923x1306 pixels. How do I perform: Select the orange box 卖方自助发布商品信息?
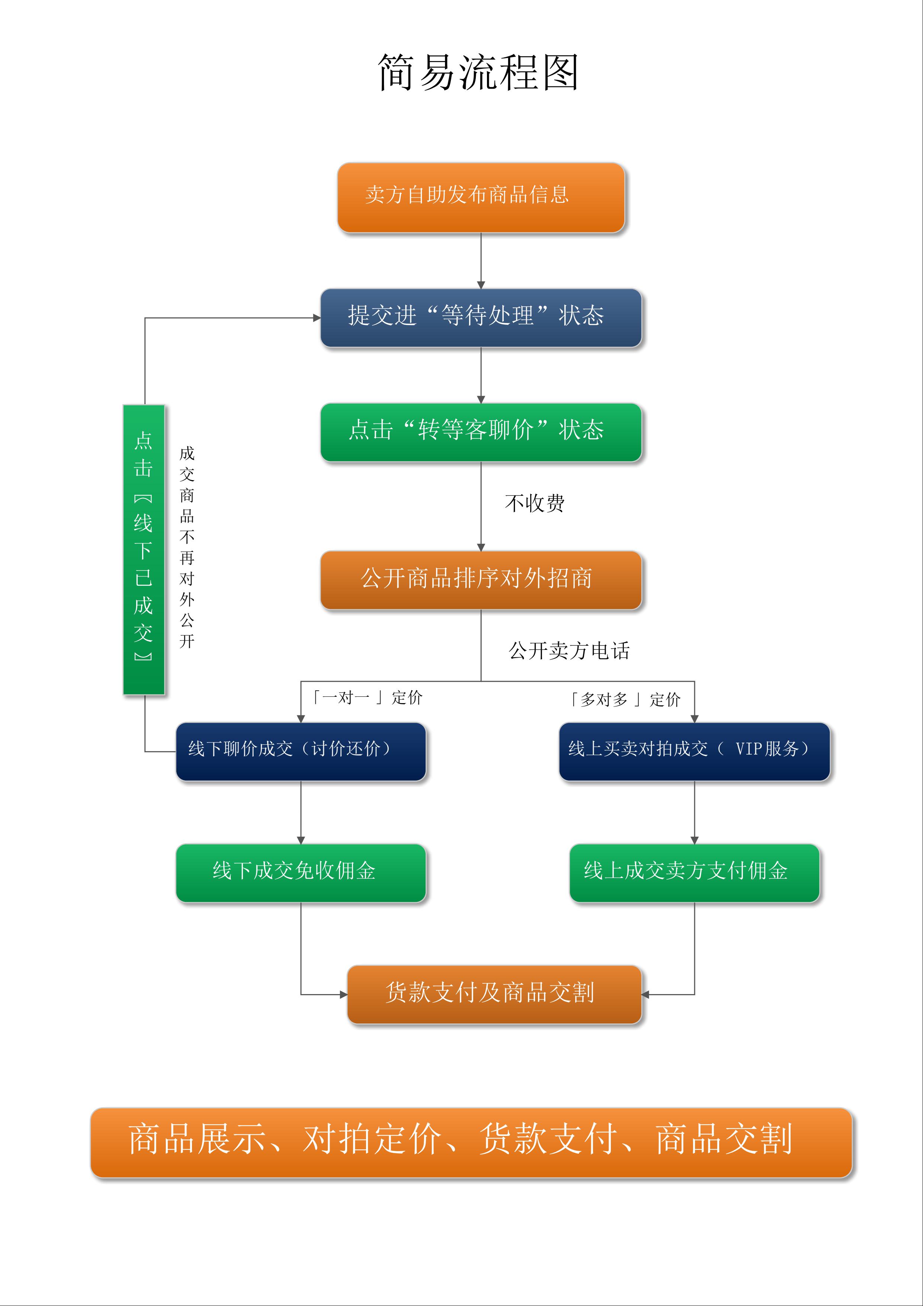(x=481, y=197)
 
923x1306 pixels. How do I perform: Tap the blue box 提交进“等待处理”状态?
(x=481, y=317)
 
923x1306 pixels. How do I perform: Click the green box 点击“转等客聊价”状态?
(x=481, y=432)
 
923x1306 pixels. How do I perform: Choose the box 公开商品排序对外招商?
(x=481, y=579)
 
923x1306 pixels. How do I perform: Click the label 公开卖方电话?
(x=569, y=651)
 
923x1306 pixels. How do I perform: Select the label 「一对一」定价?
(x=367, y=697)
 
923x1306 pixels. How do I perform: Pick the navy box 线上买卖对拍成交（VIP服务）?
(x=694, y=751)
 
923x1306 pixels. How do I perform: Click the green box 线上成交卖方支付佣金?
(x=694, y=872)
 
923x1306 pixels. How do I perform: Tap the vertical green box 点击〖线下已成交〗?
(x=144, y=549)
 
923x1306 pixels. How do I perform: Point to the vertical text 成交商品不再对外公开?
(x=187, y=547)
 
